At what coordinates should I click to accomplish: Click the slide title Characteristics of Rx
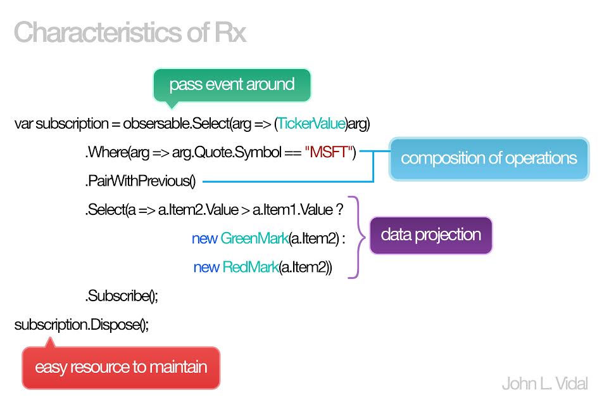(130, 32)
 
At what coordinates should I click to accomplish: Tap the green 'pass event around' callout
(232, 85)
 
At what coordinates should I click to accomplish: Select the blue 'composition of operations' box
(489, 159)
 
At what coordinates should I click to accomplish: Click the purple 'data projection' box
(430, 235)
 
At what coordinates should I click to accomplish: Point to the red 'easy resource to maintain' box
(121, 367)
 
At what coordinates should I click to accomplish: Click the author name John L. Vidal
(545, 384)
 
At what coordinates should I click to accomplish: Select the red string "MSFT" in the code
(329, 152)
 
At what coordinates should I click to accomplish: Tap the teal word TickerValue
(311, 124)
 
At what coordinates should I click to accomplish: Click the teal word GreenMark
(254, 238)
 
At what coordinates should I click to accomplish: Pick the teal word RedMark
(250, 267)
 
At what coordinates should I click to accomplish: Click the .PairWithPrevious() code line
(141, 181)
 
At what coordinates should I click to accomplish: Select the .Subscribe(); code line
(122, 296)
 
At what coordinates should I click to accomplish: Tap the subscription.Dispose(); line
(82, 325)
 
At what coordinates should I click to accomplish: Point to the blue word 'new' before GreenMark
(204, 239)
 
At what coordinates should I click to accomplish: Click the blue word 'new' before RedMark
(206, 268)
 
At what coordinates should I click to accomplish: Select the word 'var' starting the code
(23, 124)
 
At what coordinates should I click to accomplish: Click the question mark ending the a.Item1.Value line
(339, 210)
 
